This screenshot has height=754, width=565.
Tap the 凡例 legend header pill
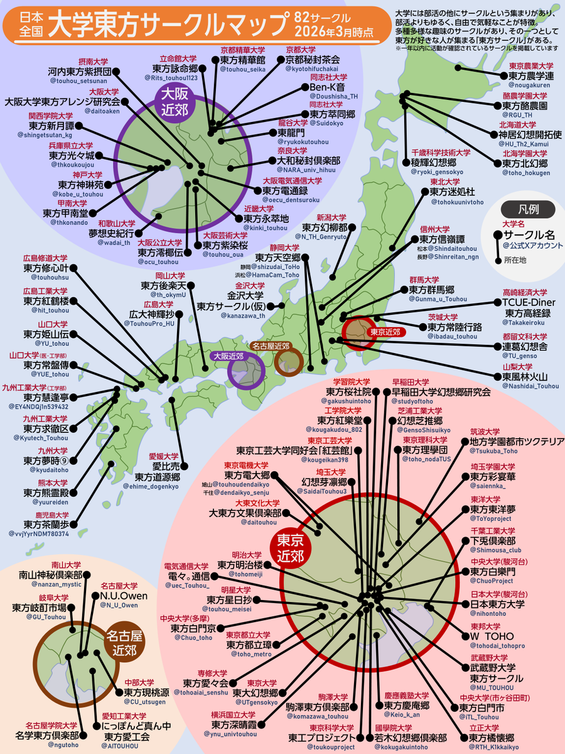pyautogui.click(x=528, y=209)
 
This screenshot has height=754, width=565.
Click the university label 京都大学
pyautogui.click(x=301, y=49)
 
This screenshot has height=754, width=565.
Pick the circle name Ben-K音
pyautogui.click(x=329, y=87)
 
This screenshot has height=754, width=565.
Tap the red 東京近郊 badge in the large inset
pyautogui.click(x=290, y=548)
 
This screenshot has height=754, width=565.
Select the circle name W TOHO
pyautogui.click(x=492, y=636)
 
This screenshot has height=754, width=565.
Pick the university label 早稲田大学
pyautogui.click(x=411, y=382)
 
